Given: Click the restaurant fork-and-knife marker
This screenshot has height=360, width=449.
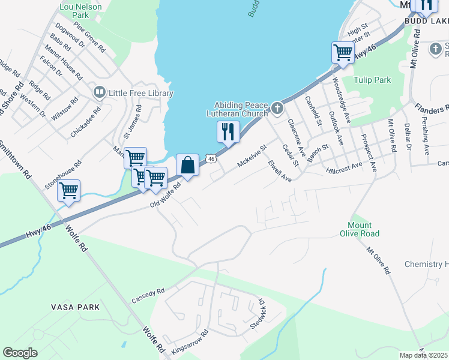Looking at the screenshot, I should pos(228,131).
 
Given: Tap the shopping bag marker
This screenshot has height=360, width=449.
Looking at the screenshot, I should pos(187,165).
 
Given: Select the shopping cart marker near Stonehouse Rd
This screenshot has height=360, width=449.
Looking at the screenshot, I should pos(69,190).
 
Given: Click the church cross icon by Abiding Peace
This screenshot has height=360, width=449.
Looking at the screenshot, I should pos(277,109).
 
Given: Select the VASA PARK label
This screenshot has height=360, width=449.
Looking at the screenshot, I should pos(75,307).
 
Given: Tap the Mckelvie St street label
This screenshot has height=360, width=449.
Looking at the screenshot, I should pos(252,155).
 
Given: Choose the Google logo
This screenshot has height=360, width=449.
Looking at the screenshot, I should pos(20,353).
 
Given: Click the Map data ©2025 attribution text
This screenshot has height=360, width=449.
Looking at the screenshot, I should pos(423,355).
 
